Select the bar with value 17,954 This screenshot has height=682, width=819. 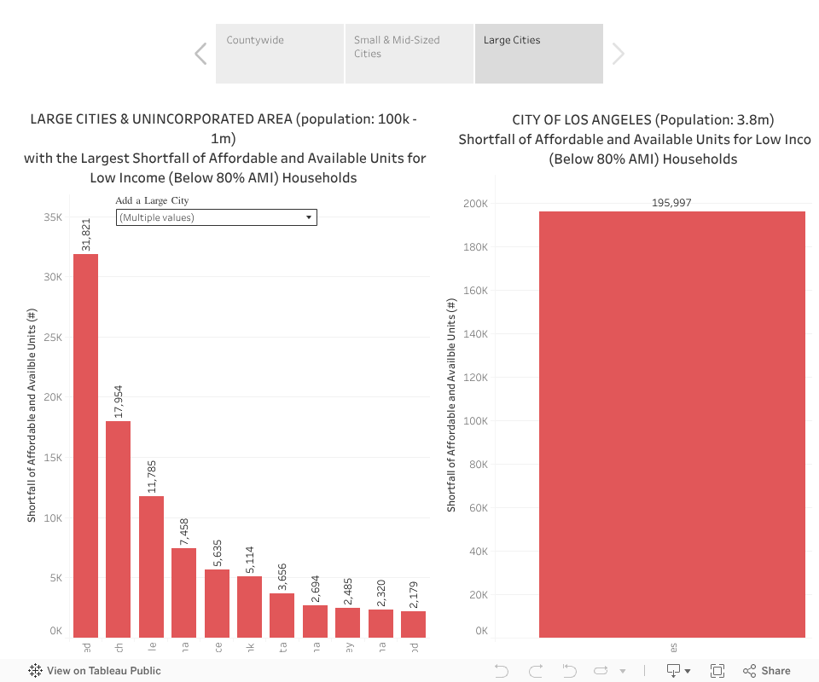pyautogui.click(x=118, y=529)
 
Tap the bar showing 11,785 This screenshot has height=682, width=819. pyautogui.click(x=151, y=566)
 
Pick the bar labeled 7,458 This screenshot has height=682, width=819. pyautogui.click(x=183, y=592)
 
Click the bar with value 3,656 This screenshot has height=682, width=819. pyautogui.click(x=282, y=615)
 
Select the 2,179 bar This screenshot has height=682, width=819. pyautogui.click(x=413, y=624)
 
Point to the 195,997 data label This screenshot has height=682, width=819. pyautogui.click(x=671, y=203)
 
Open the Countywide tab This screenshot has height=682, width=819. pyautogui.click(x=279, y=54)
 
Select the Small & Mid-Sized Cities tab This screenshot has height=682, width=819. pyautogui.click(x=409, y=54)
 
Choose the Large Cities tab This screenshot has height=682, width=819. pyautogui.click(x=538, y=54)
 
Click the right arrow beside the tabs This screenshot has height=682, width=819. pyautogui.click(x=619, y=54)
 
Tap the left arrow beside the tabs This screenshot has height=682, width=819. pyautogui.click(x=200, y=54)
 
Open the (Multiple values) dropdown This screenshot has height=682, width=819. pyautogui.click(x=216, y=217)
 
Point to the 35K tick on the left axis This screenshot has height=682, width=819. pyautogui.click(x=54, y=217)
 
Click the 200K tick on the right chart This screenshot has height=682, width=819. pyautogui.click(x=475, y=204)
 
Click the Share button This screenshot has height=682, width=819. pyautogui.click(x=767, y=671)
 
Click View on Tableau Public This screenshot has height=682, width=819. pyautogui.click(x=95, y=671)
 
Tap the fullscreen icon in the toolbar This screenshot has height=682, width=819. pyautogui.click(x=717, y=671)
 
